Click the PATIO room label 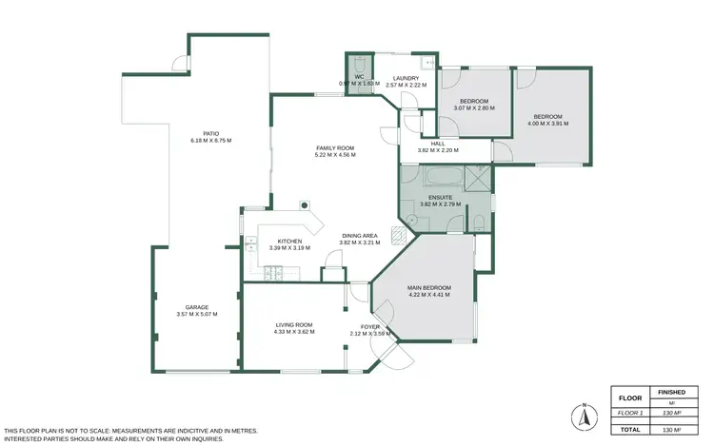pyautogui.click(x=210, y=133)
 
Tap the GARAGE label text pyautogui.click(x=197, y=307)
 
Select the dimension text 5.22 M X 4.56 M pyautogui.click(x=335, y=155)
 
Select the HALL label pyautogui.click(x=438, y=144)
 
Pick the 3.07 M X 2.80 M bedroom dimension pyautogui.click(x=473, y=108)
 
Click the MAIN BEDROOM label pyautogui.click(x=429, y=287)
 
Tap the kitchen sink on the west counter pyautogui.click(x=250, y=244)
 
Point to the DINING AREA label pyautogui.click(x=361, y=235)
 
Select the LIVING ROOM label pyautogui.click(x=293, y=325)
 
